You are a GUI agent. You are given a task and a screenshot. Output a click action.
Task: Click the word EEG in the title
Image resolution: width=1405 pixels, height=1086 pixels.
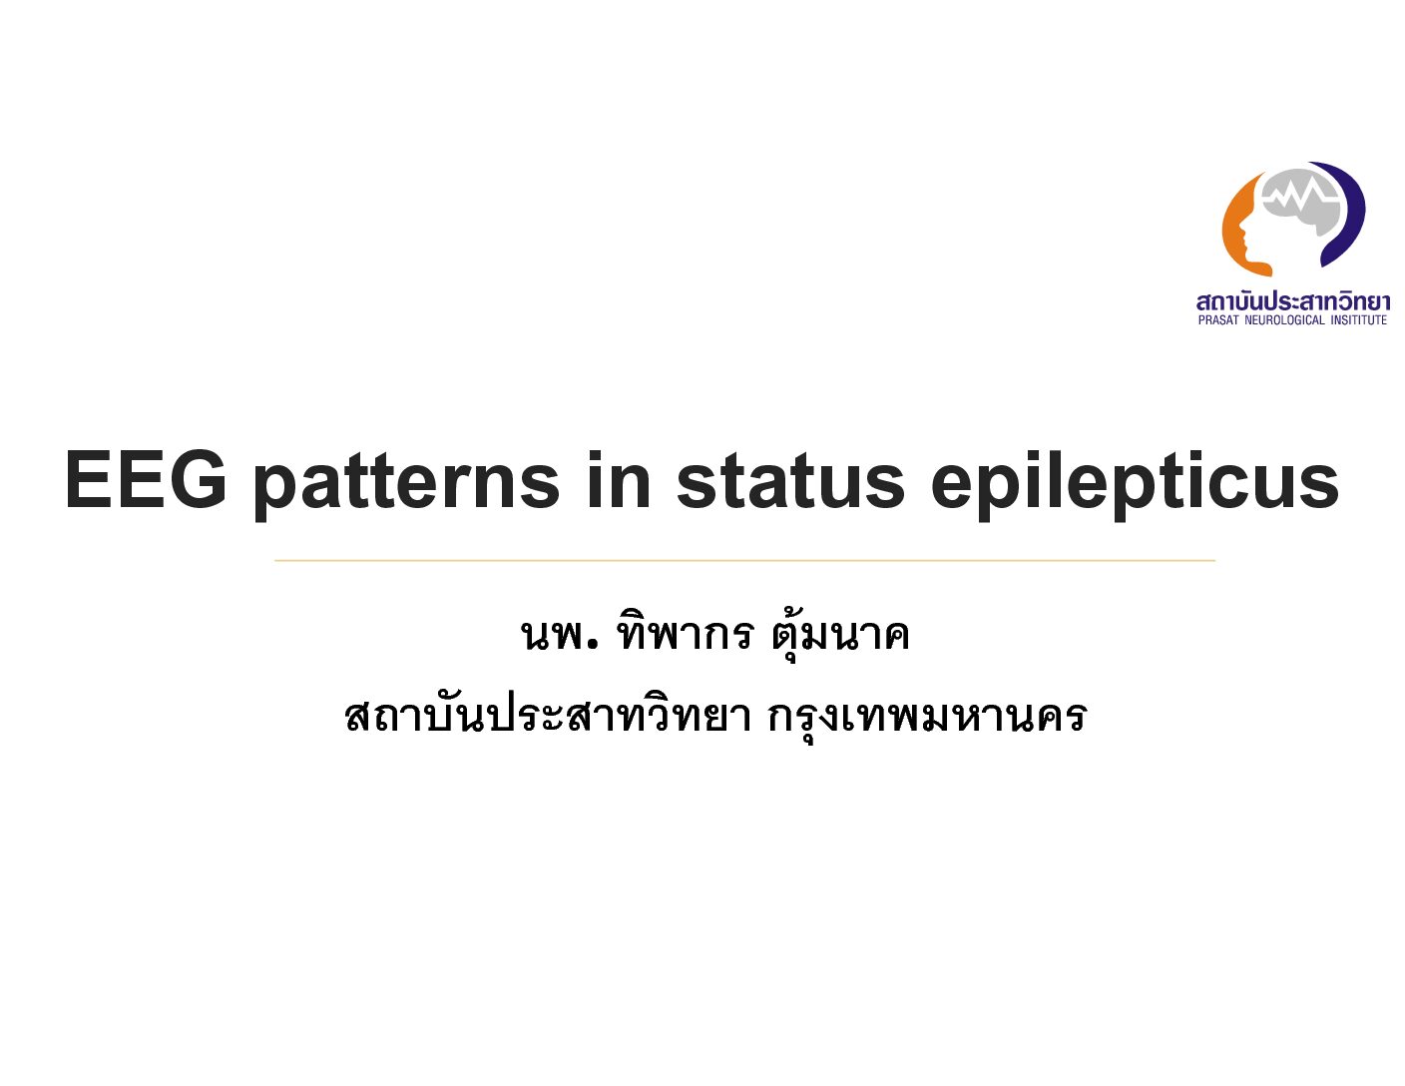[x=146, y=481]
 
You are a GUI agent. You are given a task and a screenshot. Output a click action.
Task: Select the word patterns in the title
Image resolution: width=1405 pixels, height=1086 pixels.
[x=407, y=486]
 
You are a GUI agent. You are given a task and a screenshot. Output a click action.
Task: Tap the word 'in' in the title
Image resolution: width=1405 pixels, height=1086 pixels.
[x=618, y=480]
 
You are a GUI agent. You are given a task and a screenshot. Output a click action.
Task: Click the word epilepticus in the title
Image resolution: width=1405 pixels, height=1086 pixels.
[x=1135, y=486]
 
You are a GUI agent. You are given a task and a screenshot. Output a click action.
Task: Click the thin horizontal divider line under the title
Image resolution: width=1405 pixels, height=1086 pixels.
[x=744, y=560]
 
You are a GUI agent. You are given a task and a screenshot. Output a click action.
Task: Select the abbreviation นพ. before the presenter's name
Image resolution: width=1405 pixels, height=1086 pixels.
[x=560, y=634]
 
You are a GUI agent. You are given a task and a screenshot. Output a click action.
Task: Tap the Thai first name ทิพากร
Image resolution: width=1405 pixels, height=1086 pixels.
[x=685, y=630]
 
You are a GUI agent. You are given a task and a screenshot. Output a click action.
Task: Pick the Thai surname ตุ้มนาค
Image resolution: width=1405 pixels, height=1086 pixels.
[x=840, y=631]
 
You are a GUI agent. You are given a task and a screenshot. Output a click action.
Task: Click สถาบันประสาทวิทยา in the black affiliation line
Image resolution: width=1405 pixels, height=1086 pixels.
[x=547, y=717]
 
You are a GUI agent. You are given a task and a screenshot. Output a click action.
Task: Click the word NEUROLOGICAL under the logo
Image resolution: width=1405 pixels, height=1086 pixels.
[x=1284, y=319]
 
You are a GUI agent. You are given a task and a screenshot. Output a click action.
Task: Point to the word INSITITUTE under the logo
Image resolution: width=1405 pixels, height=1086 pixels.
[x=1358, y=319]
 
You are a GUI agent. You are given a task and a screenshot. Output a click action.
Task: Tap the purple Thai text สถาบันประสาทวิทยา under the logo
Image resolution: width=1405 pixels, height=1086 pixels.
[x=1293, y=300]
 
